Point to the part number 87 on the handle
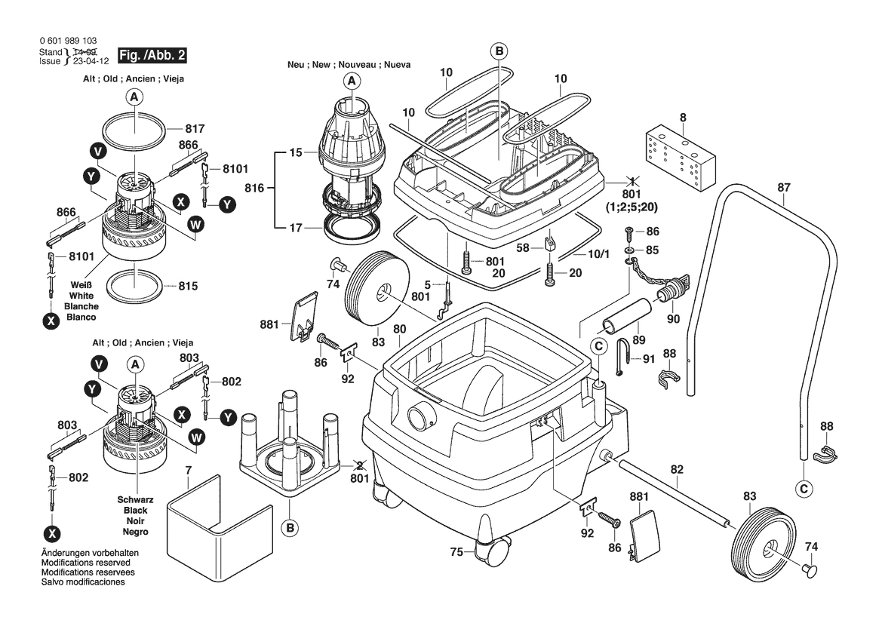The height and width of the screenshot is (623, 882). pyautogui.click(x=784, y=188)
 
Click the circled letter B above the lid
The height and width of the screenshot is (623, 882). pyautogui.click(x=498, y=51)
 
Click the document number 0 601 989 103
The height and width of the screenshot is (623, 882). pyautogui.click(x=66, y=41)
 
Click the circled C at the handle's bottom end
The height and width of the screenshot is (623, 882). pyautogui.click(x=805, y=489)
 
